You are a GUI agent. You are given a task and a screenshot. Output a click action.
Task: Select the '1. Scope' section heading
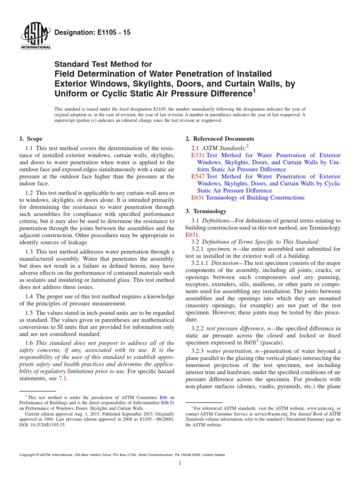click(30, 139)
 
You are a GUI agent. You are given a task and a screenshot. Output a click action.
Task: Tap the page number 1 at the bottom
click(180, 463)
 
